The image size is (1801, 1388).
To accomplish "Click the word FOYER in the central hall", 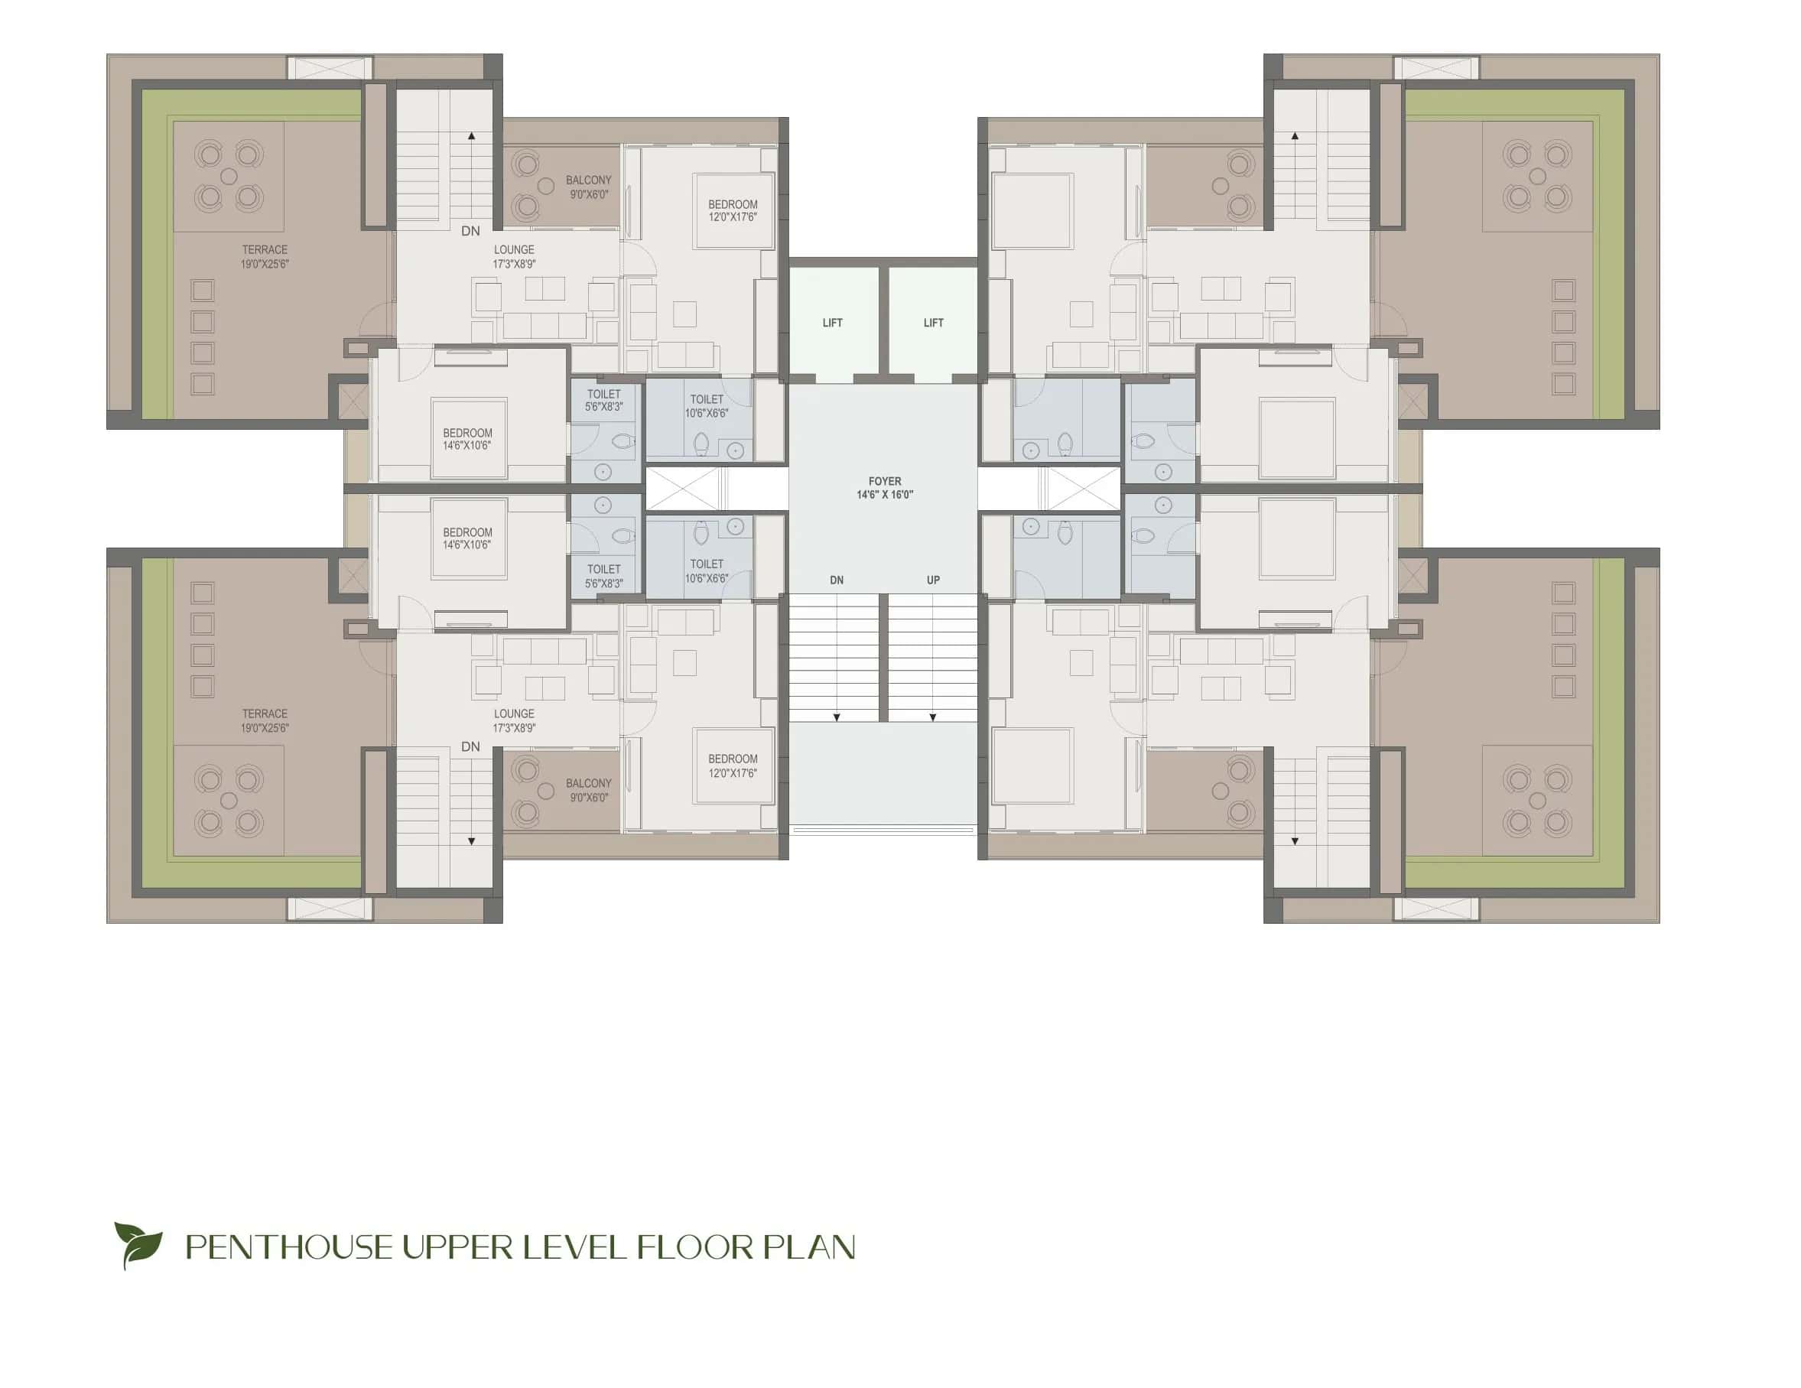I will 884,481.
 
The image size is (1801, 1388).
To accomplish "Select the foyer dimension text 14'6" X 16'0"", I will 884,495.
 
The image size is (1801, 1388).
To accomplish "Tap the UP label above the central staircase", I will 933,580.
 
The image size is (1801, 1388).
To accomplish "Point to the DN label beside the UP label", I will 836,580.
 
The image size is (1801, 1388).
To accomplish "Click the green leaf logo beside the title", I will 138,1244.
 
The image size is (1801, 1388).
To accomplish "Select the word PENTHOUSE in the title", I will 288,1247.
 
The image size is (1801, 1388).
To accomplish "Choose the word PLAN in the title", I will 809,1247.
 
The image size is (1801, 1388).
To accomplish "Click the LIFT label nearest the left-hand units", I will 832,323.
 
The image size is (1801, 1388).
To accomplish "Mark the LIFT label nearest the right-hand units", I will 933,323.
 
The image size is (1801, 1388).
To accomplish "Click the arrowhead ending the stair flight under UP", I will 933,717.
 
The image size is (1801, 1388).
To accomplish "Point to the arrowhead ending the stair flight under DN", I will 836,717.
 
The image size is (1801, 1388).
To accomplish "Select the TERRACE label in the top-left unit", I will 265,250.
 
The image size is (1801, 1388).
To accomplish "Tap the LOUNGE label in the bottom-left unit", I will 514,714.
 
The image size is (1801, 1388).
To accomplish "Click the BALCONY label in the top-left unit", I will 588,180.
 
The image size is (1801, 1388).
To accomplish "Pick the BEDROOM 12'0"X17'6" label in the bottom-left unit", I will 733,766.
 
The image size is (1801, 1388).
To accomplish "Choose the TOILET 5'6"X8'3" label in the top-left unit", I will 603,400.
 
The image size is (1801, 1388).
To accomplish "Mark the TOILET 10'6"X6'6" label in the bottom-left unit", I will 706,570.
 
